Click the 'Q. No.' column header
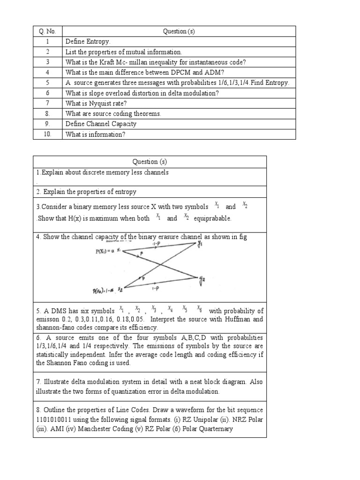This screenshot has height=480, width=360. [47, 31]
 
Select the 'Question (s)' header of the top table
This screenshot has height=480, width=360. [179, 31]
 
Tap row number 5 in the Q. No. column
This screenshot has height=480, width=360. [47, 83]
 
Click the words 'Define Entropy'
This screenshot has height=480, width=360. [88, 42]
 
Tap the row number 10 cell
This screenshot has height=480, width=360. [47, 135]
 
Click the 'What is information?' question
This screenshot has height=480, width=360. [96, 135]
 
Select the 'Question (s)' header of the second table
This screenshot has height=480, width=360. [150, 162]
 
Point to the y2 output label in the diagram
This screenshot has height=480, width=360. [202, 281]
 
